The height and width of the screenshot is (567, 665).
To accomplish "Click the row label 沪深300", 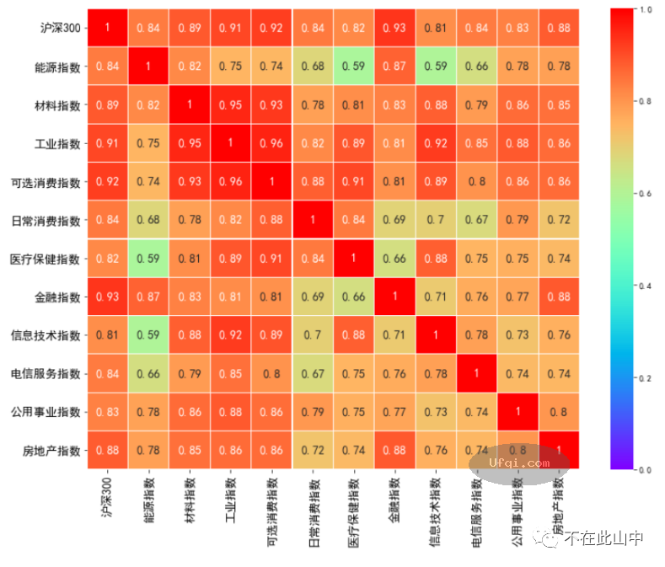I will pyautogui.click(x=61, y=28).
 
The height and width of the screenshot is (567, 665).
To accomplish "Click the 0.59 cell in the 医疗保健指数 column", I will pyautogui.click(x=354, y=67).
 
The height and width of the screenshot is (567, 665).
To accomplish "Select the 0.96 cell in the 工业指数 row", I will pyautogui.click(x=272, y=143).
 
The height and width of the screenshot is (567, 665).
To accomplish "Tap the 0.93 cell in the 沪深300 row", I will pyautogui.click(x=394, y=28).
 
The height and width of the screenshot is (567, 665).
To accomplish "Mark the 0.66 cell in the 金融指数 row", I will pyautogui.click(x=354, y=297).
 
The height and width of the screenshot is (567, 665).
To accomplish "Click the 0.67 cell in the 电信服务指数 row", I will pyautogui.click(x=314, y=373).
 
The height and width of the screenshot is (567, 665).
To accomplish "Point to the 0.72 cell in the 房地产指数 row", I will pyautogui.click(x=314, y=450).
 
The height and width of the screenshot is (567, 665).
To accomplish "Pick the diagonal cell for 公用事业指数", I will pyautogui.click(x=518, y=411).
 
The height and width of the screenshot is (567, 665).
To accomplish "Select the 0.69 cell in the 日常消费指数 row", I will pyautogui.click(x=394, y=220).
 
